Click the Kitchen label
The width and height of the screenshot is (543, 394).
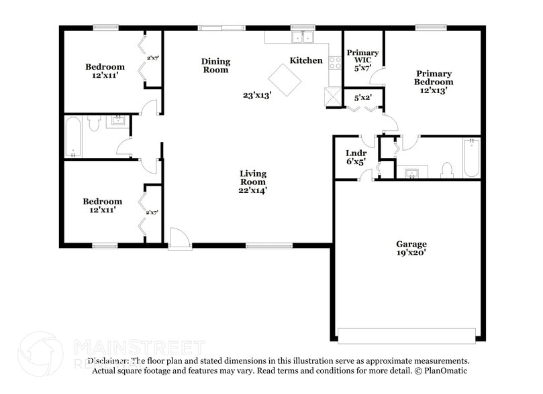pos(306,61)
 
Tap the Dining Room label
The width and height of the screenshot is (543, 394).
pos(215,66)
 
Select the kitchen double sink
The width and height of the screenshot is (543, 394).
pos(303,37)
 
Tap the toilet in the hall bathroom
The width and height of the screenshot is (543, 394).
pos(94,124)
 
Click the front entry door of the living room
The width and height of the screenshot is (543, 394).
pos(179,239)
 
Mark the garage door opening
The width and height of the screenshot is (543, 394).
pos(408,334)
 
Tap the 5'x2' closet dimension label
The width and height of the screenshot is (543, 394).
pos(363,98)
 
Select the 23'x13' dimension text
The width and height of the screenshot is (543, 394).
pos(256,95)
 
